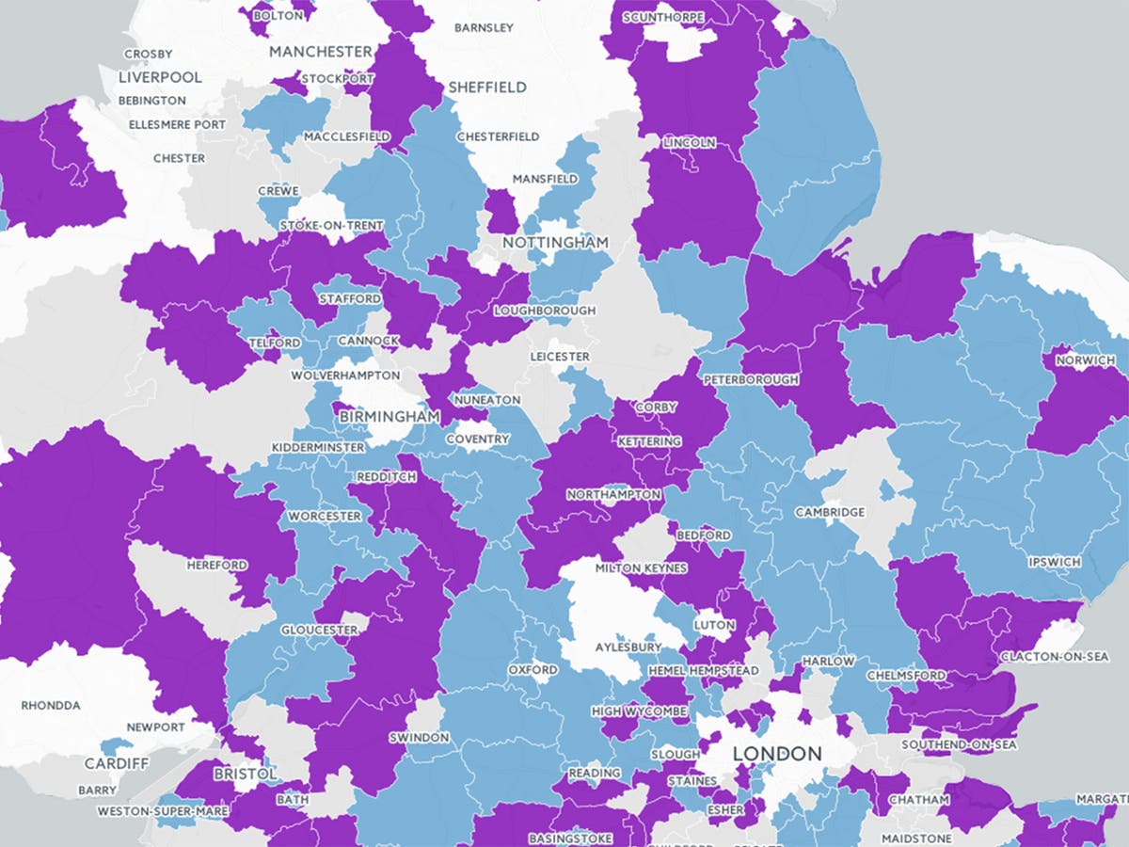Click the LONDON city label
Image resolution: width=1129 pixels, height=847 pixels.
tap(776, 754)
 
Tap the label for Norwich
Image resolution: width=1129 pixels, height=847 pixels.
tap(1086, 360)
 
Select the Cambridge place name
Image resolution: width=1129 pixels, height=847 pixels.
tap(830, 512)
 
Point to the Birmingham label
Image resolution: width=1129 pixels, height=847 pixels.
tap(390, 416)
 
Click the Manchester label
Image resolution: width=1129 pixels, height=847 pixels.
tap(321, 52)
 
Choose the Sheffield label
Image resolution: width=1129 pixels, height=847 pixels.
tap(487, 87)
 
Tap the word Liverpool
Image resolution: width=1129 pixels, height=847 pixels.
tap(160, 77)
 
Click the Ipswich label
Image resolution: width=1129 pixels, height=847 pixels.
tap(1055, 562)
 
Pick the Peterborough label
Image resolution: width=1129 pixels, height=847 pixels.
tap(751, 379)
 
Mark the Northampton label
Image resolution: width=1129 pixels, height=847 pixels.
tap(613, 495)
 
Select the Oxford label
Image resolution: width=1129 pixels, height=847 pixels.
tap(533, 670)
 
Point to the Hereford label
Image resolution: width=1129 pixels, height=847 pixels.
tap(216, 565)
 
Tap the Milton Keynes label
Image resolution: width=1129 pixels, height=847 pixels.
tap(641, 568)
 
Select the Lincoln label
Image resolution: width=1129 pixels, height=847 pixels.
tap(690, 143)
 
